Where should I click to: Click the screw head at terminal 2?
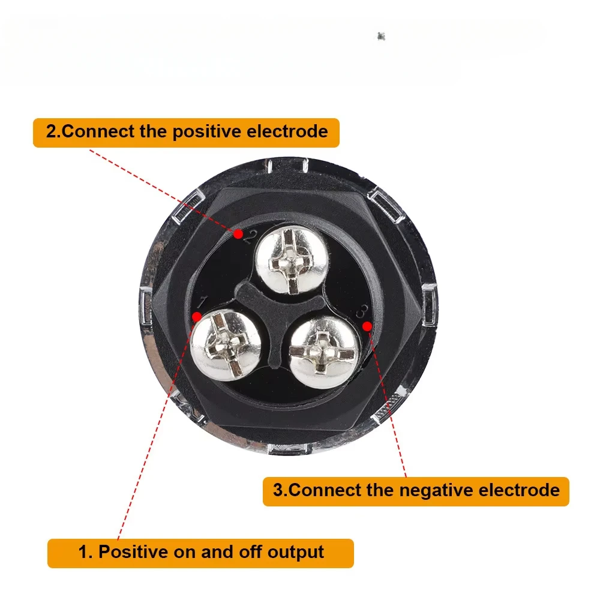tap(292, 260)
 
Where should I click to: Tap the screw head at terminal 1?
tap(226, 345)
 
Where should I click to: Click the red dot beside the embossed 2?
tap(238, 234)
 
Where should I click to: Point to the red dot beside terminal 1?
tap(197, 317)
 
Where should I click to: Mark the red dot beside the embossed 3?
tap(367, 326)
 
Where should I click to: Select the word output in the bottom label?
tap(295, 553)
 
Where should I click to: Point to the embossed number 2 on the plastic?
tap(249, 237)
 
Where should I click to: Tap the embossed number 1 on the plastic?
tap(202, 302)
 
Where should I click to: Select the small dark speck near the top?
tap(381, 37)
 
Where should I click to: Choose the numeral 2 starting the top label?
tap(51, 132)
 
